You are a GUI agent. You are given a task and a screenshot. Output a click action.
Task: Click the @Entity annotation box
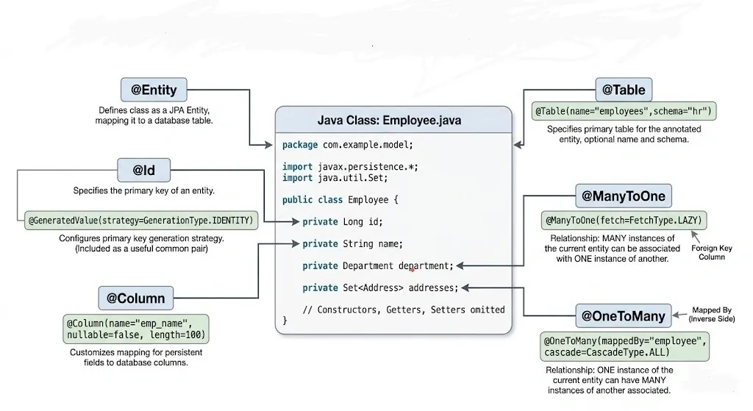(x=154, y=90)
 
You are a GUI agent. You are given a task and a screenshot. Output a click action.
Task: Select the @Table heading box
(x=623, y=90)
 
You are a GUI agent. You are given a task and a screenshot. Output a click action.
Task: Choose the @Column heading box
(x=135, y=299)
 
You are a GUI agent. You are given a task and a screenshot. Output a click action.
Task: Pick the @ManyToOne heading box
(x=623, y=196)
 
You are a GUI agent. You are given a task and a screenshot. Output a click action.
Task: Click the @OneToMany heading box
(x=623, y=316)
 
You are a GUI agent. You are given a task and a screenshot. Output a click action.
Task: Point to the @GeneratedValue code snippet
(x=141, y=220)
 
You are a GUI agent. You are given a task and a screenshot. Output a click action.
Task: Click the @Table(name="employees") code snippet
(x=625, y=112)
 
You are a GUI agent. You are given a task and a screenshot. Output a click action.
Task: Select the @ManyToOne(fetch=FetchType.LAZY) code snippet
(x=624, y=220)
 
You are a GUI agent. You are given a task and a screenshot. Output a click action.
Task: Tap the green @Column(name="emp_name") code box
(x=136, y=329)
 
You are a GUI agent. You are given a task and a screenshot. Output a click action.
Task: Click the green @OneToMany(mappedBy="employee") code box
(x=625, y=346)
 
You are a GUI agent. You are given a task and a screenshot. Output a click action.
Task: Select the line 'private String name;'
(x=352, y=243)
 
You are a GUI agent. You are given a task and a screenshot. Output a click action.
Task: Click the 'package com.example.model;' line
(x=347, y=145)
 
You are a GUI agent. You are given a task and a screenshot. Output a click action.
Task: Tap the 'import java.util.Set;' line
(x=335, y=177)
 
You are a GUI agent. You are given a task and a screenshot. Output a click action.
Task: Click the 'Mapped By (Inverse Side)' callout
(x=711, y=314)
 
